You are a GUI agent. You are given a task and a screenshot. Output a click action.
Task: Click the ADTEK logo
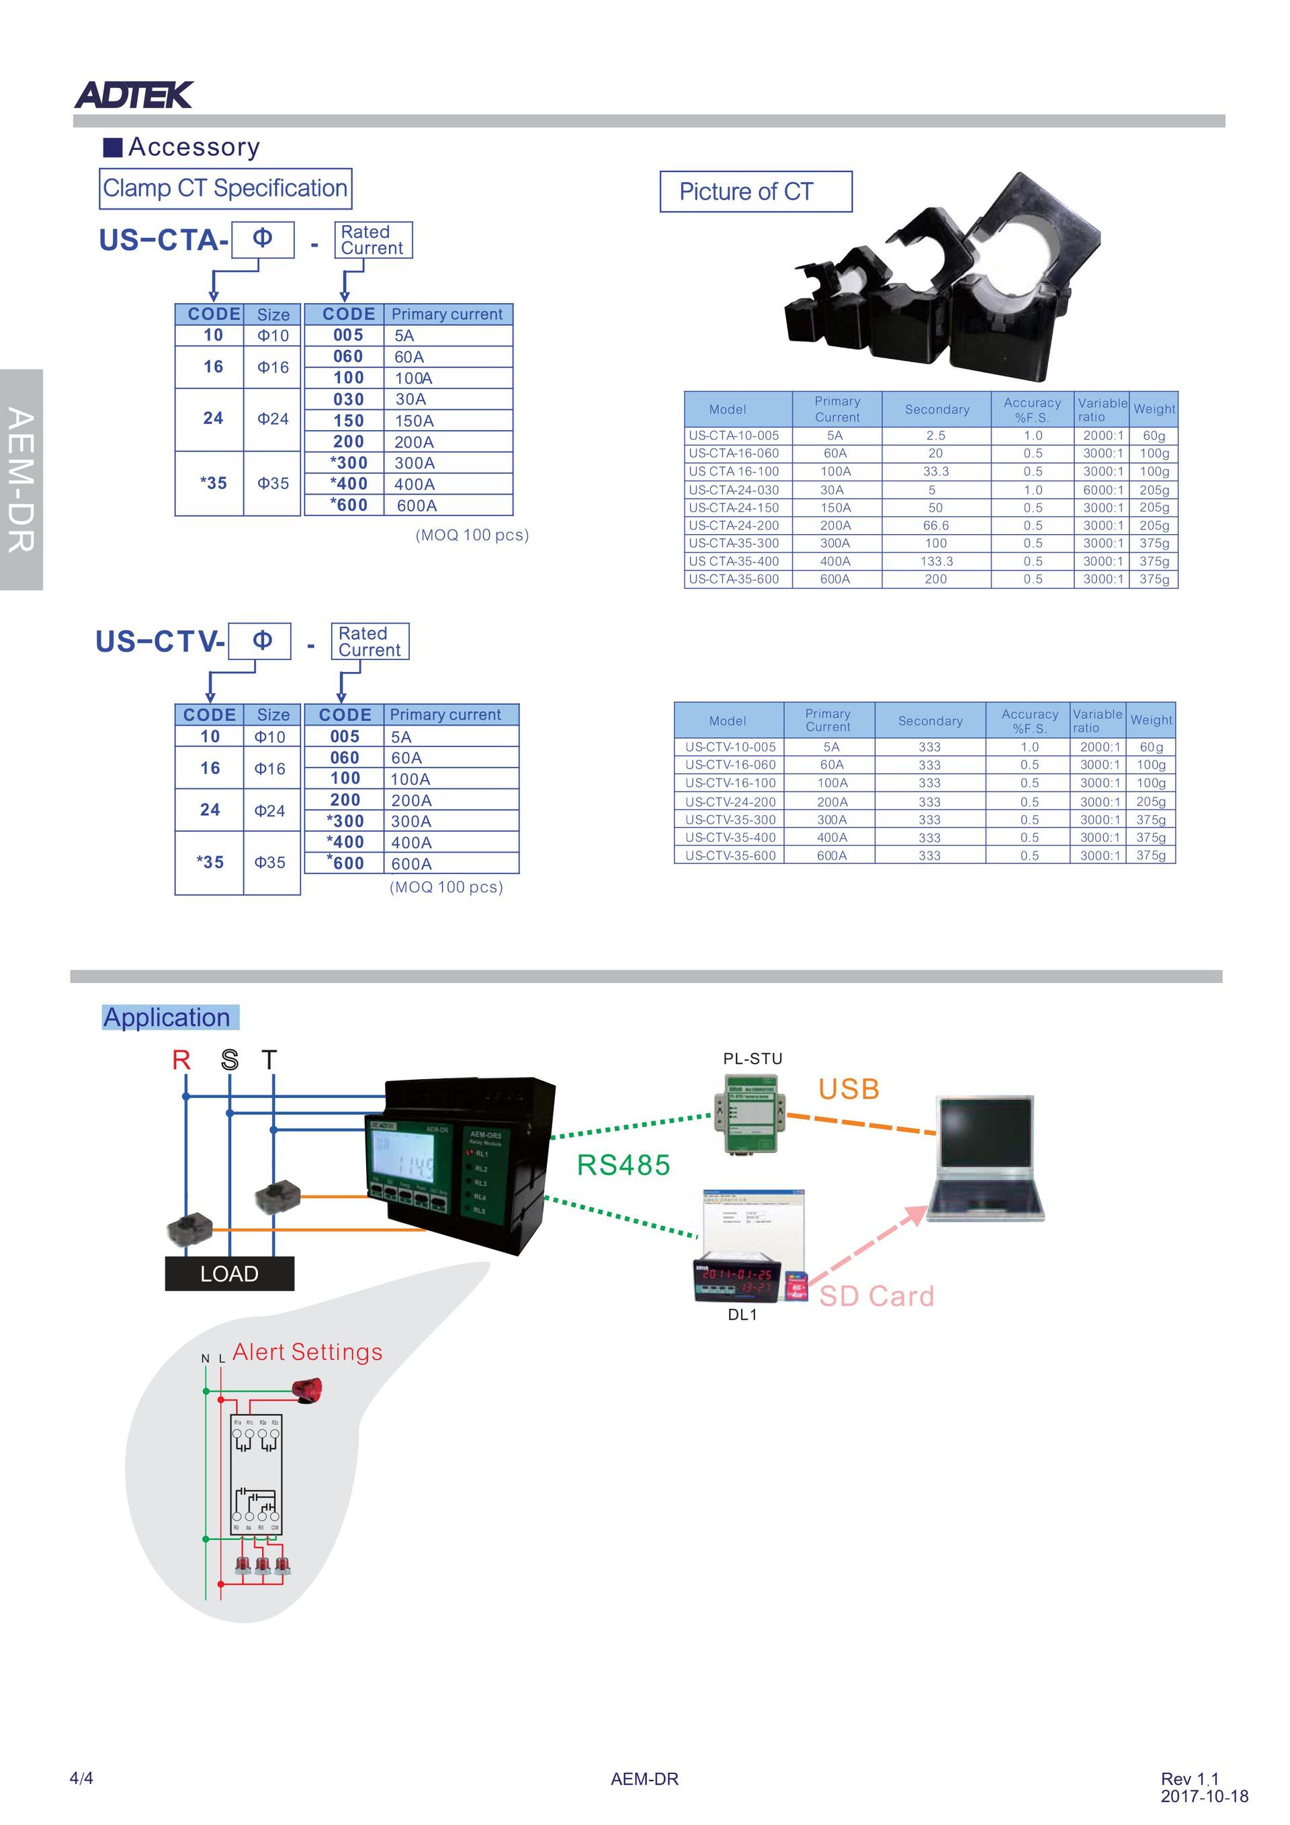133,95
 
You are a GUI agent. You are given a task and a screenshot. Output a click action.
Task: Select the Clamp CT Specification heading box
225,188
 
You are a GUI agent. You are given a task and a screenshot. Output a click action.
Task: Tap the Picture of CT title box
755,192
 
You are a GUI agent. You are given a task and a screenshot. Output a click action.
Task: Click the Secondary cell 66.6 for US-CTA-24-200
935,525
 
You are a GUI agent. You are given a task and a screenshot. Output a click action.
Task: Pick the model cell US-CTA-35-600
734,579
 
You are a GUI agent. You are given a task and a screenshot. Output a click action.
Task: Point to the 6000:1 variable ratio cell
1103,490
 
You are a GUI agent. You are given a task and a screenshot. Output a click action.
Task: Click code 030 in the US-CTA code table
348,399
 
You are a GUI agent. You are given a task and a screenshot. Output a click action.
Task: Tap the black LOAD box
229,1273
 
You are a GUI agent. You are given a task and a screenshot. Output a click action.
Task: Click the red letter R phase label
181,1060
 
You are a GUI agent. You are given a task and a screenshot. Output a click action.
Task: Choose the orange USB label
849,1089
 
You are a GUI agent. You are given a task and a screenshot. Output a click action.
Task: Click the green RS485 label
623,1164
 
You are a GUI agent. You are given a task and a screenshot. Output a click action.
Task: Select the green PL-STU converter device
750,1112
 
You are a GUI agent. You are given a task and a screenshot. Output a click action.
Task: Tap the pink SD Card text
877,1296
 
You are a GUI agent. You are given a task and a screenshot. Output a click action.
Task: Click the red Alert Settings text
307,1351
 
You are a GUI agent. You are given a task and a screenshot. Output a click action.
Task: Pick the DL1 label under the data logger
742,1315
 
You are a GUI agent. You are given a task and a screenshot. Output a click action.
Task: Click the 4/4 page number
81,1778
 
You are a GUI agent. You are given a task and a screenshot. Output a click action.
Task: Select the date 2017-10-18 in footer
1203,1796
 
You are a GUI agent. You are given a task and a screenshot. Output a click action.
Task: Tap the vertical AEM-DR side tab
21,479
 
